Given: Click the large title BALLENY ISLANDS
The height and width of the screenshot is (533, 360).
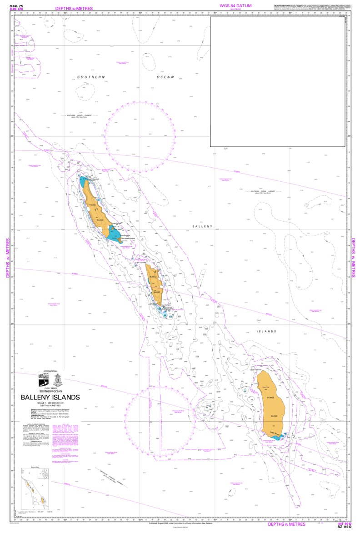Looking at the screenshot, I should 50,397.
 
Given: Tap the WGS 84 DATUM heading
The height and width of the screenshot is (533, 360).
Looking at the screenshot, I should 235,5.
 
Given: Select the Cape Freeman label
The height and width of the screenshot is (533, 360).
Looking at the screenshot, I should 255,369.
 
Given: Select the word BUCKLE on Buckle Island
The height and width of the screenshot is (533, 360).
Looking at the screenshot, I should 153,277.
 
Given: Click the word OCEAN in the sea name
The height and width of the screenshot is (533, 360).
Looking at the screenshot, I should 165,77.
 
